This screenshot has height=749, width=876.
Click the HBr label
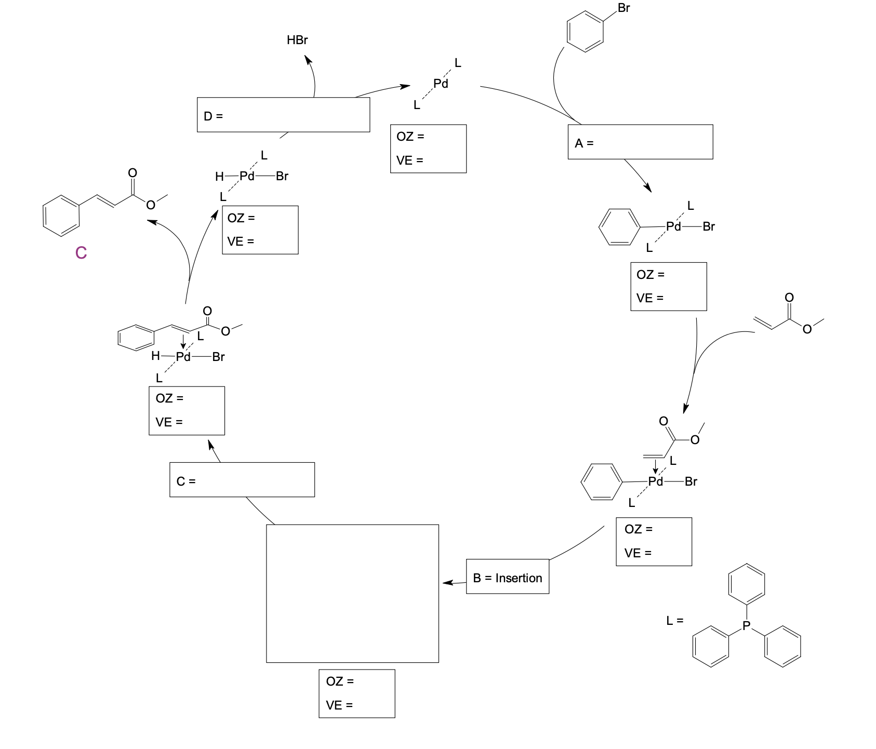click(x=297, y=40)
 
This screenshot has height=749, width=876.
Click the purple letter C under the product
click(x=81, y=252)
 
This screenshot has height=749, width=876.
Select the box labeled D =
click(x=283, y=115)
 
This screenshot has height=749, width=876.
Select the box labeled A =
click(x=640, y=142)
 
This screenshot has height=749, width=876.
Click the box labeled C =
click(x=242, y=479)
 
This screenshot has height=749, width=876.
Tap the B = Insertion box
click(x=507, y=577)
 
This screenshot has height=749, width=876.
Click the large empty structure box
click(x=352, y=593)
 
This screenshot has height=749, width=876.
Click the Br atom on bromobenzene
click(x=623, y=8)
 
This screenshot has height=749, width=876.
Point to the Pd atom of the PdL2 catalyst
click(x=441, y=84)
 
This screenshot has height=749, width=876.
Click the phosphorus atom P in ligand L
click(x=747, y=626)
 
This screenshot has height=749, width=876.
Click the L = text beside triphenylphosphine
click(x=675, y=620)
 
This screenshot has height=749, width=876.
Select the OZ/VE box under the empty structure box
click(x=356, y=693)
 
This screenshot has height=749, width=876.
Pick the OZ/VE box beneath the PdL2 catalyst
click(x=428, y=149)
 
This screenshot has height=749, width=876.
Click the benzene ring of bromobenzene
click(x=585, y=32)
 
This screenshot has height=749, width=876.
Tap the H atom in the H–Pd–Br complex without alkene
click(x=219, y=177)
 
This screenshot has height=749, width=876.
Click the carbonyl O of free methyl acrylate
click(x=789, y=298)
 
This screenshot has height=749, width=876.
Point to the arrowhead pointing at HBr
click(x=309, y=60)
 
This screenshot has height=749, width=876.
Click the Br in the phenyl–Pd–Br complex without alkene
click(x=709, y=226)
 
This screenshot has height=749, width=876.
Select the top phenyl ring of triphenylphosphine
click(x=747, y=584)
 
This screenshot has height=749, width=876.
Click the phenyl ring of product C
click(x=61, y=216)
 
